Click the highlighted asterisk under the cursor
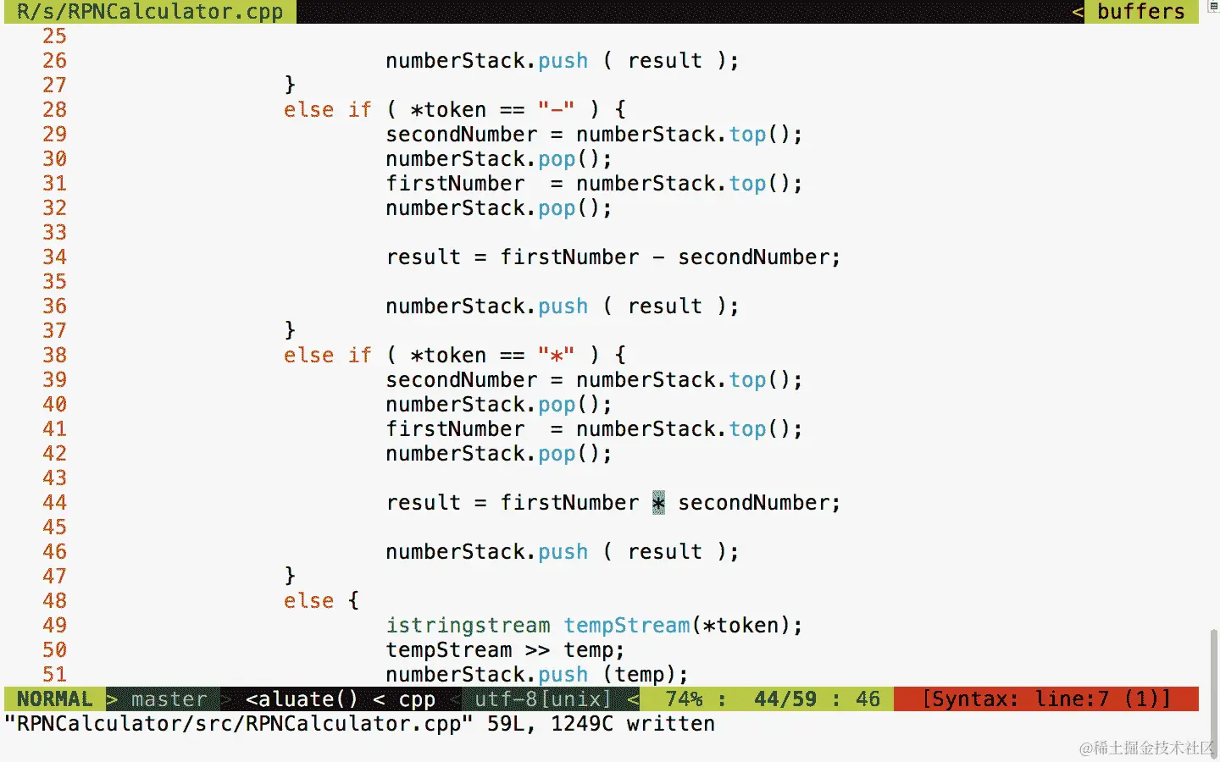click(658, 503)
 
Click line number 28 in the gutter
click(54, 110)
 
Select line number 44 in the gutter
click(54, 503)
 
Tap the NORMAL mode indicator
click(54, 699)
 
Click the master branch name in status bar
click(169, 699)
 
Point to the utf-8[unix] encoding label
click(542, 699)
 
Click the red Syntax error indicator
click(1045, 699)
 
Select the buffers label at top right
click(1140, 12)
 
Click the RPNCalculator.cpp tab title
click(150, 12)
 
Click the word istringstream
click(468, 626)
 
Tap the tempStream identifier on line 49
click(627, 626)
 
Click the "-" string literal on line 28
click(556, 110)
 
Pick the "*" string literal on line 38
click(556, 356)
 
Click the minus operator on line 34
click(658, 257)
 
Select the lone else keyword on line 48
click(308, 601)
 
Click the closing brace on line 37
click(290, 330)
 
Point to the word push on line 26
click(563, 61)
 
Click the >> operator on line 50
click(537, 650)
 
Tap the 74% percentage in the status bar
click(684, 699)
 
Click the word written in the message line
click(670, 724)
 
